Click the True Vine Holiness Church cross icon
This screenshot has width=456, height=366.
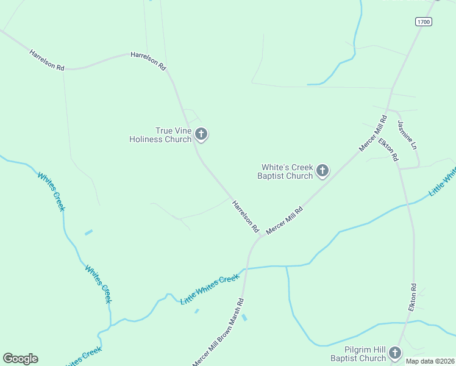pos(201,134)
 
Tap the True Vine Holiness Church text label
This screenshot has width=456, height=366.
pos(160,135)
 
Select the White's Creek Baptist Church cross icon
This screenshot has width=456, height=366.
pos(323,171)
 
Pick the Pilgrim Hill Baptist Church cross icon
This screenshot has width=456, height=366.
pos(395,353)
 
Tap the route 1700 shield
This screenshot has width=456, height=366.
pos(424,22)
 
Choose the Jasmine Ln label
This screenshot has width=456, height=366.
pos(408,135)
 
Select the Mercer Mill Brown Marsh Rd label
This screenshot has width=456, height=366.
pos(218,333)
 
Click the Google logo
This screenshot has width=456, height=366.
pos(20,359)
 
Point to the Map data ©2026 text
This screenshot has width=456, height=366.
pos(430,361)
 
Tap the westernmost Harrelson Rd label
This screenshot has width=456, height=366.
pos(47,60)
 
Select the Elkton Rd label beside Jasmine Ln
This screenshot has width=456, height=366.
pos(388,150)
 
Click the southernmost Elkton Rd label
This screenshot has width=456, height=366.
pos(413,297)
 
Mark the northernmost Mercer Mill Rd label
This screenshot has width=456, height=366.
pos(372,134)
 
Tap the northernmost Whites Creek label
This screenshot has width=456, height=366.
pos(51,192)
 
